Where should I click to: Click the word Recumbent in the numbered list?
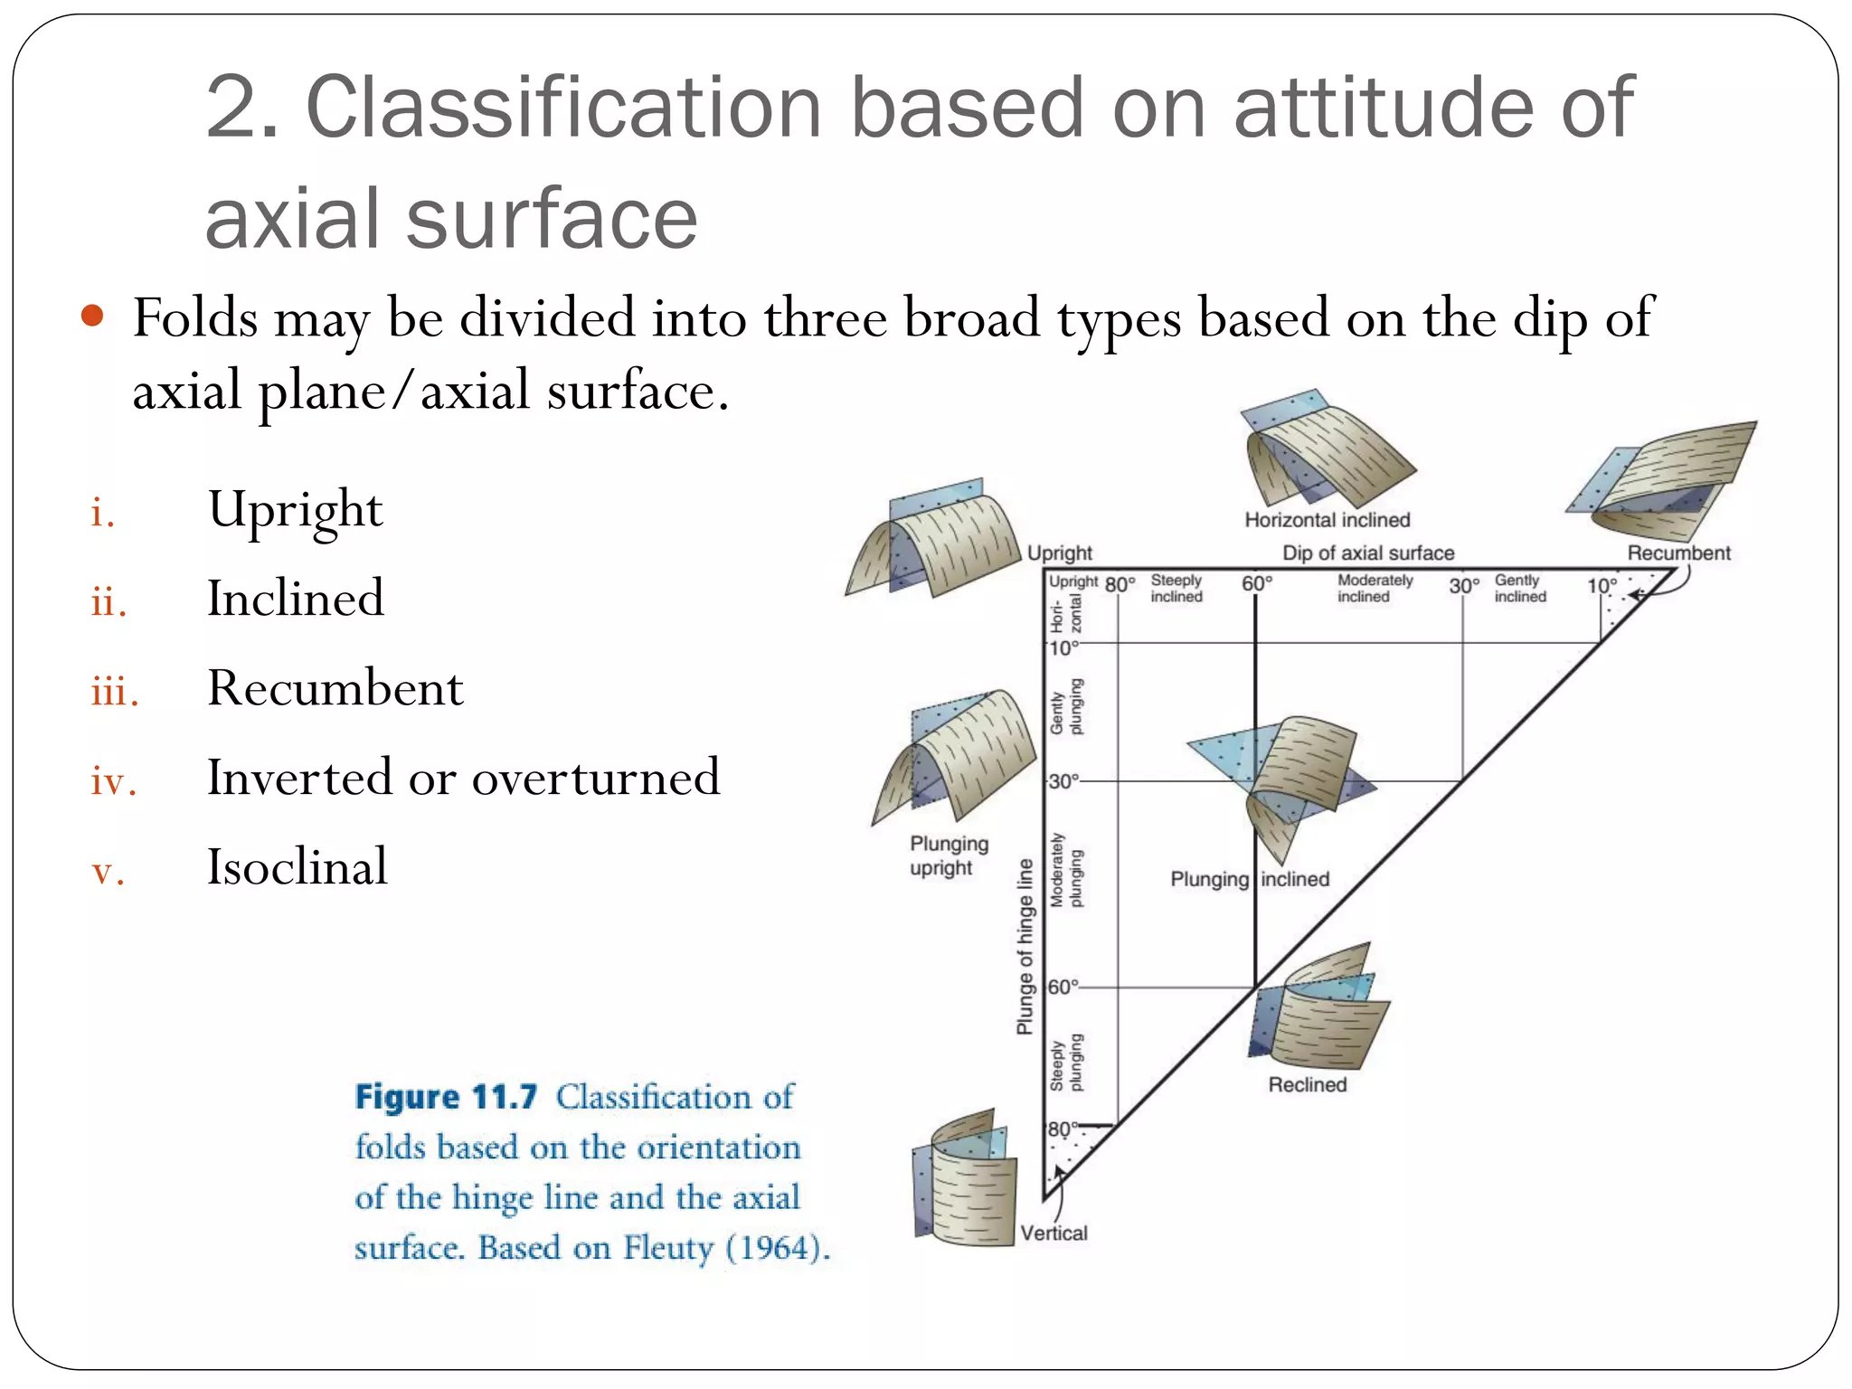tap(335, 689)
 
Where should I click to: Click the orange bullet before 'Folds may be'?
tap(92, 317)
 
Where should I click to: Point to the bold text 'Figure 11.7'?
tap(446, 1097)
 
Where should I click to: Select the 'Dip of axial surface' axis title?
tap(1367, 553)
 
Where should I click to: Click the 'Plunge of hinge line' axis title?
tap(1025, 946)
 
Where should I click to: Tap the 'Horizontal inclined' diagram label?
tap(1327, 520)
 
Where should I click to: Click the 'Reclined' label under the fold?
tap(1307, 1084)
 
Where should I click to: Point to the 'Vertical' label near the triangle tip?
tap(1054, 1233)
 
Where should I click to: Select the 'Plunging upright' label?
tap(948, 855)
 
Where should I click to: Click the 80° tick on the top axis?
tap(1120, 585)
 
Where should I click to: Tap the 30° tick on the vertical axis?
tap(1063, 780)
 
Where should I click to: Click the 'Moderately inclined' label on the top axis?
tap(1375, 589)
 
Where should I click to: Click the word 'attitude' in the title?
tap(1384, 109)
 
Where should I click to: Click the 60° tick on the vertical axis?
tap(1063, 987)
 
